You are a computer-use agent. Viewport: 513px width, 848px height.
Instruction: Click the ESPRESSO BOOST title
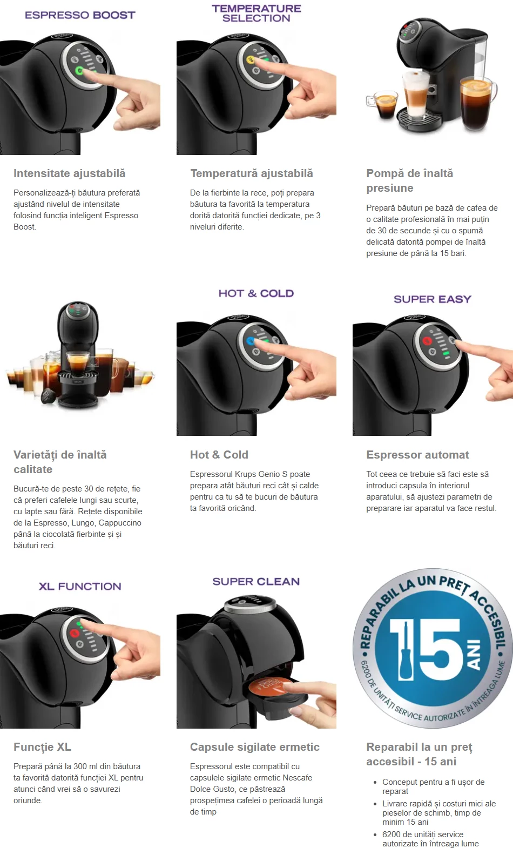tap(80, 15)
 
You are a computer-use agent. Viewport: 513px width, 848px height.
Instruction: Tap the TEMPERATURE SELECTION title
tap(256, 14)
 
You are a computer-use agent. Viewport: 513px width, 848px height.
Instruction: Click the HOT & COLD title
tap(256, 293)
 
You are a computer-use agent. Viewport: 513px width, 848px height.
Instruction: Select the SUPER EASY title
tap(433, 299)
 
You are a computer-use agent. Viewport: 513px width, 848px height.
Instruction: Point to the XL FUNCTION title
tap(80, 587)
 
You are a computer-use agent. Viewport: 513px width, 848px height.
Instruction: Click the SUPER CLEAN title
tap(256, 582)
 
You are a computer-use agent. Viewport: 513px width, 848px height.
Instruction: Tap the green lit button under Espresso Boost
tap(79, 71)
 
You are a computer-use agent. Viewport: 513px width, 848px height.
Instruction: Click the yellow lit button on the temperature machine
tap(250, 60)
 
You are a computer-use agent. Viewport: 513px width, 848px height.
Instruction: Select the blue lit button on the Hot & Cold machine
tap(250, 341)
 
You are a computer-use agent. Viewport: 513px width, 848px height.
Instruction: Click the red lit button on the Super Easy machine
tap(427, 340)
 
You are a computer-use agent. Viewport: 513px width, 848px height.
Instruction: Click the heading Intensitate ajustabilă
tap(70, 173)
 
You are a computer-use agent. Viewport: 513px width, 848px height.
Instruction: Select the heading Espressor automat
tap(417, 455)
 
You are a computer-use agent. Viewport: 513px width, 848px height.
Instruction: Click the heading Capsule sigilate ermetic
tap(255, 747)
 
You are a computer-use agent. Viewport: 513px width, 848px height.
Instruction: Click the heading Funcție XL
tap(43, 747)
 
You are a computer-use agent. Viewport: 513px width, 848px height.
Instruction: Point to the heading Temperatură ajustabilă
tap(252, 173)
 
